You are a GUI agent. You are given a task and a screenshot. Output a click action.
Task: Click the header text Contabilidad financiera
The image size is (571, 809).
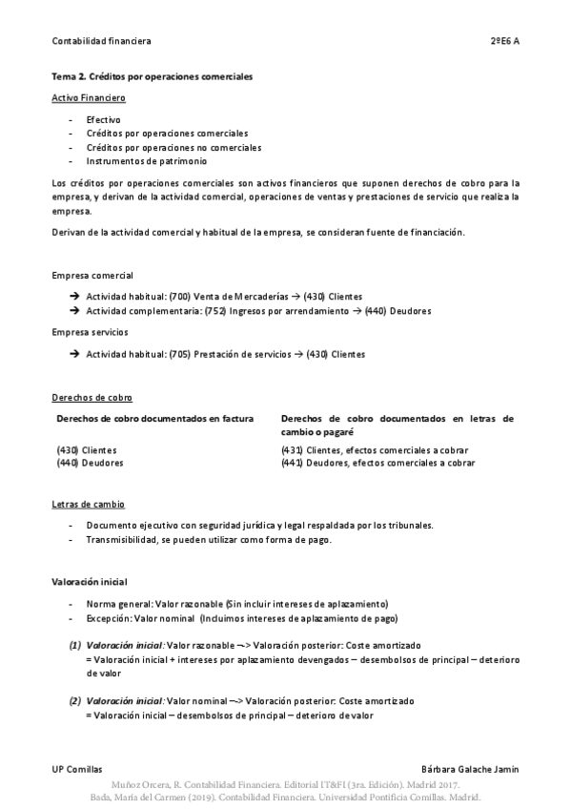pos(101,41)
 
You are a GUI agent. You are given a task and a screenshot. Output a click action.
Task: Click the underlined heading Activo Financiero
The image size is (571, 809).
pos(89,98)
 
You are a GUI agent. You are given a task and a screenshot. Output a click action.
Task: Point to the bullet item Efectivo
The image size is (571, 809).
pos(103,120)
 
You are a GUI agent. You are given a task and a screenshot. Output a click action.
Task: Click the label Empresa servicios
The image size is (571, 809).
pos(90,332)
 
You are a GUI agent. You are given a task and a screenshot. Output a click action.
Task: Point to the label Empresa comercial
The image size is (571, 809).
pos(92,275)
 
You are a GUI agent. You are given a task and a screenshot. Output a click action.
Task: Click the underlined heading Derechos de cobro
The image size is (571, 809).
pos(92,397)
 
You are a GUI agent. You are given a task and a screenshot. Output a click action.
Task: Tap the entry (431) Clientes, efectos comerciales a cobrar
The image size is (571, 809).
pos(375,450)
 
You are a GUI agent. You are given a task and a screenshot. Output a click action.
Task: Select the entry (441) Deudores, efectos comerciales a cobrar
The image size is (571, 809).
pos(378,463)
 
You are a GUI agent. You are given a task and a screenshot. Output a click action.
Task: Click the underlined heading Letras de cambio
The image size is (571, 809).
pos(88,504)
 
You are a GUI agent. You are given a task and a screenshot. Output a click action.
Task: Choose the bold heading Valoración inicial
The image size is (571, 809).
pos(89,581)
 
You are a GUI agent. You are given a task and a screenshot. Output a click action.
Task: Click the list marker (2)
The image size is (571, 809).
pos(74,701)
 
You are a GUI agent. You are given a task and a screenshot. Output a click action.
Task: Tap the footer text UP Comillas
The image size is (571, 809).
pos(76,768)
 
